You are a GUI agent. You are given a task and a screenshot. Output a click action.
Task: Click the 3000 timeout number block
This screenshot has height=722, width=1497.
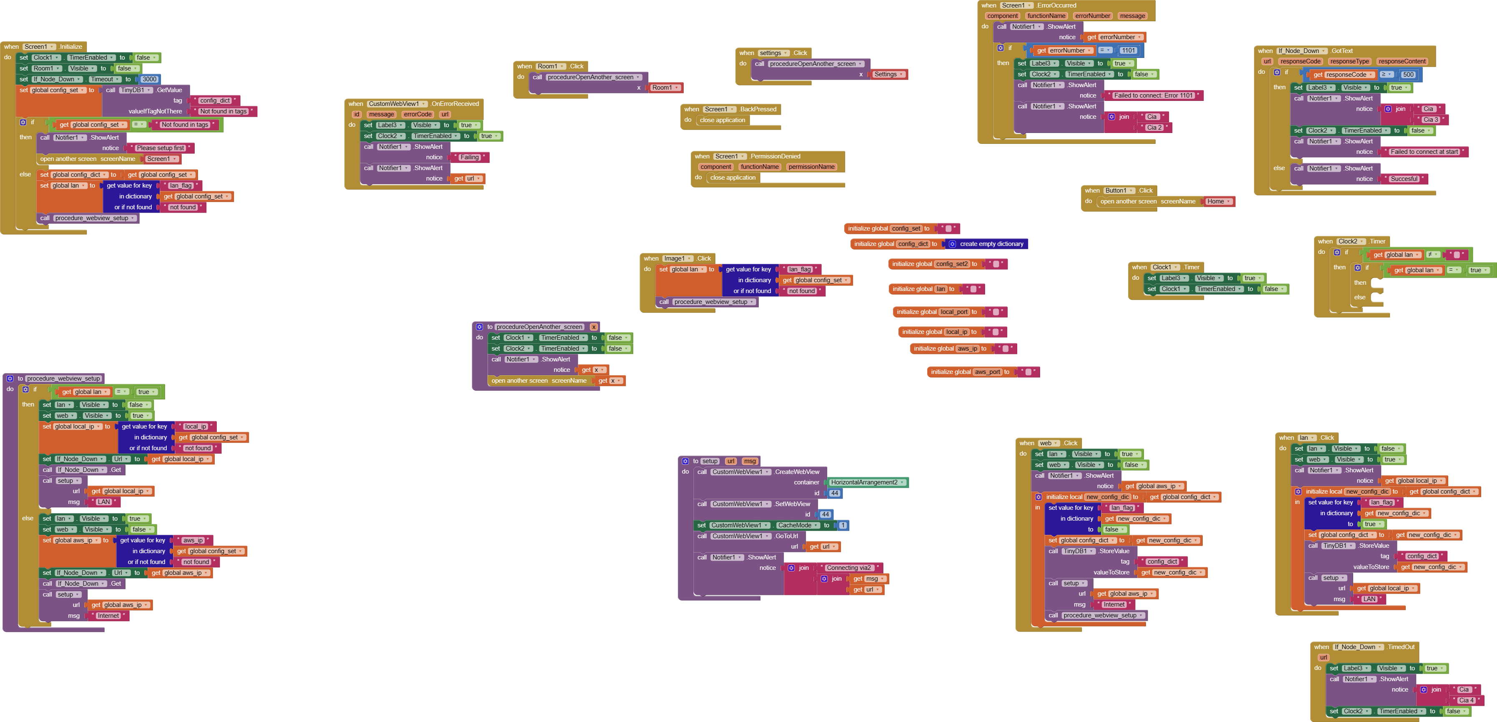(149, 79)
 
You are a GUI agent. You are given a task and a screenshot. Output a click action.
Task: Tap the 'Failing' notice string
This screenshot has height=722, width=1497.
(469, 158)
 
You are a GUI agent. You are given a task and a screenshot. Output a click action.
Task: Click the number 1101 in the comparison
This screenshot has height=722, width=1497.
(1128, 50)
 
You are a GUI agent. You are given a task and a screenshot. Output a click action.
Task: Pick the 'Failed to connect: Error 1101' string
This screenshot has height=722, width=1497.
(1153, 96)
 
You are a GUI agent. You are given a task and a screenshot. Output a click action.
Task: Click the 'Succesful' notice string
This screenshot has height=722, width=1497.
(1404, 179)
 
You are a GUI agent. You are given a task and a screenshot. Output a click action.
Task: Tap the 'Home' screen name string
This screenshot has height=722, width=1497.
(1215, 202)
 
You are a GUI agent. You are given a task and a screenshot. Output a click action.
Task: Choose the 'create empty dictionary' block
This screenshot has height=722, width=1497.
(991, 244)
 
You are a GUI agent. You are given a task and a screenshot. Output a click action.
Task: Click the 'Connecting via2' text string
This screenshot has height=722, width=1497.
(848, 568)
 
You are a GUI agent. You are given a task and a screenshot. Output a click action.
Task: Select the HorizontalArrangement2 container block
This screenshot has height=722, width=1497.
(864, 482)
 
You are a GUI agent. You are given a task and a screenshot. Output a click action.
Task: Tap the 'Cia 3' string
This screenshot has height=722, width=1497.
(1430, 120)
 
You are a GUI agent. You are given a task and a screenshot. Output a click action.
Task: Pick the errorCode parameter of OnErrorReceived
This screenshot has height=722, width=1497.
(417, 115)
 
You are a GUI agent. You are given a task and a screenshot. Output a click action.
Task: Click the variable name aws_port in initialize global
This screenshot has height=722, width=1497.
(987, 372)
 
